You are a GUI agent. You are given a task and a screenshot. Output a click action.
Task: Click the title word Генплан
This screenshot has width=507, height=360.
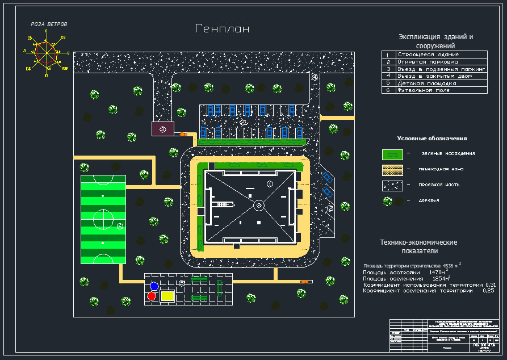click(x=222, y=29)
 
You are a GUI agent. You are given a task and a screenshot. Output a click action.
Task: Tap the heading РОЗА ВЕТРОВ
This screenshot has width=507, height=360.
click(x=49, y=24)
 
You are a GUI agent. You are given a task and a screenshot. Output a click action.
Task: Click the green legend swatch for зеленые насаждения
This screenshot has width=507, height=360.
click(x=392, y=154)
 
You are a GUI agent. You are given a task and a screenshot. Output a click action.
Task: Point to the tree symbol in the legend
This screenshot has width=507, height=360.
click(x=388, y=201)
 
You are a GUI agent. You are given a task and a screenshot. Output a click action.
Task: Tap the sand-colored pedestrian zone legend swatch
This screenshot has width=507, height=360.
click(x=392, y=169)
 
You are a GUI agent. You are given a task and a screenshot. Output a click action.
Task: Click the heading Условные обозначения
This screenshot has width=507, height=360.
click(x=431, y=139)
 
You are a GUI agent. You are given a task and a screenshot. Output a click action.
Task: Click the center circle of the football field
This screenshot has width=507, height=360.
click(x=102, y=219)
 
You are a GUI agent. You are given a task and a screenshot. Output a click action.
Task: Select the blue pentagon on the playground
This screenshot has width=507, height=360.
click(x=153, y=286)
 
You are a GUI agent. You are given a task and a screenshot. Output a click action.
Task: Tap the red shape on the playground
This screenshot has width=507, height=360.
click(x=152, y=296)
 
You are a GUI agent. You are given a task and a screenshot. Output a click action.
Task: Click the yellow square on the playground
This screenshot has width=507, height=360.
click(x=167, y=295)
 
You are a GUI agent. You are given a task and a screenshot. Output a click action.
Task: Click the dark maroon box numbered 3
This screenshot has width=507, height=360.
click(x=163, y=129)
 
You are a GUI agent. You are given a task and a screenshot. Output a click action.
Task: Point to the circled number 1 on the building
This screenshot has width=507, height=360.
click(x=270, y=184)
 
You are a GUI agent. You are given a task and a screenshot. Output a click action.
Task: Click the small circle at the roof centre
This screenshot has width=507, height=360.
click(x=258, y=205)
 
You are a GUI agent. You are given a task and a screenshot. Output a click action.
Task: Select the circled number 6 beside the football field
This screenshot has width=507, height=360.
click(x=120, y=227)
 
